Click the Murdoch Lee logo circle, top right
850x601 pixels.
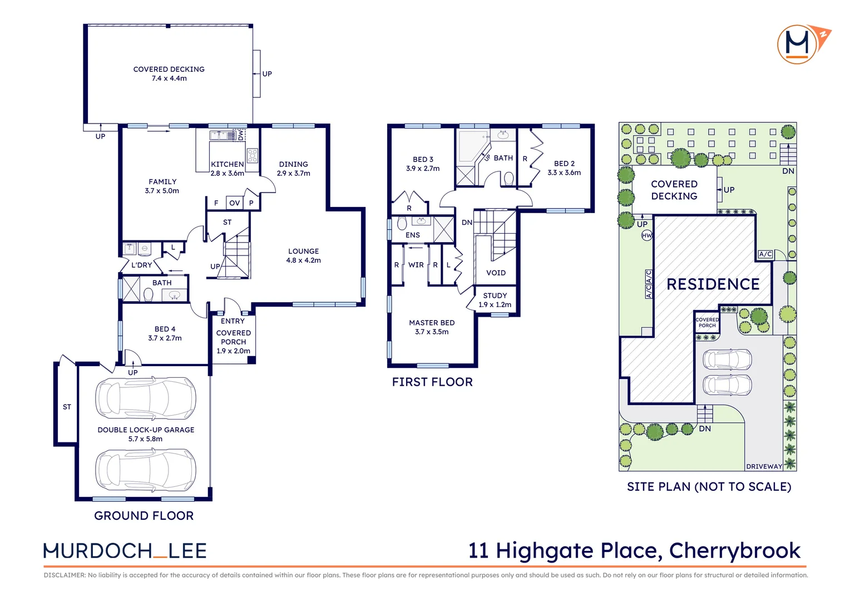tap(797, 45)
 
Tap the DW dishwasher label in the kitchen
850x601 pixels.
tap(240, 135)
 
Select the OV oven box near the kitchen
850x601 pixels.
tap(235, 203)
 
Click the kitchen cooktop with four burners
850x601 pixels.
tap(253, 156)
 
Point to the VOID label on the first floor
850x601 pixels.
tap(496, 273)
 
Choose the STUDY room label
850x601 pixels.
tap(495, 295)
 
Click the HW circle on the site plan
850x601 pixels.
tap(646, 235)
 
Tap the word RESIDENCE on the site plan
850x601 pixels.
tap(713, 284)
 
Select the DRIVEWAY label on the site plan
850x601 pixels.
tap(764, 466)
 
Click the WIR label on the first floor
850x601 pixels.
tap(416, 265)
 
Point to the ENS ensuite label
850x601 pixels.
tap(412, 235)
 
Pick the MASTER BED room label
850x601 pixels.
tap(432, 323)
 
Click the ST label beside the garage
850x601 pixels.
tap(67, 407)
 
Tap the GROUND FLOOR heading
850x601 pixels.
tap(144, 515)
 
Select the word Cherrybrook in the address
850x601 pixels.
tap(735, 550)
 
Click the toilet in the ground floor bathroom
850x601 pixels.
tap(149, 294)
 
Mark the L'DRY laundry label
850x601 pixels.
tap(141, 265)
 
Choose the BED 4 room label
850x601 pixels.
tap(165, 329)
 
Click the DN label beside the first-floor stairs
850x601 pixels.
tap(467, 223)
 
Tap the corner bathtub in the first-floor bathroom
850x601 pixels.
tap(473, 146)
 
